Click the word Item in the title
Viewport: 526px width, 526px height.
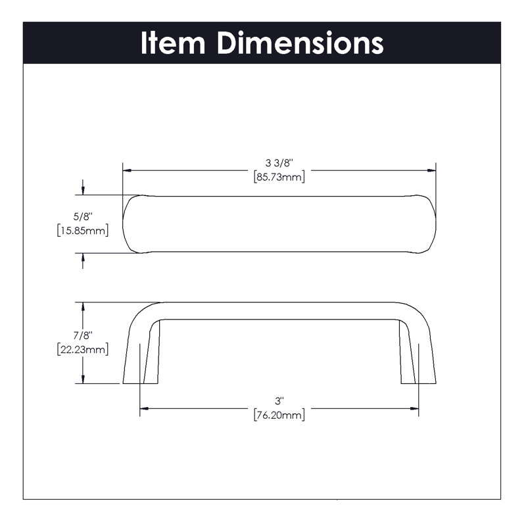coord(173,43)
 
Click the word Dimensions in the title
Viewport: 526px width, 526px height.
coord(300,43)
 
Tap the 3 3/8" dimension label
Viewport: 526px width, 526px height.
coord(279,163)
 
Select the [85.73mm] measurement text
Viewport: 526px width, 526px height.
coord(279,176)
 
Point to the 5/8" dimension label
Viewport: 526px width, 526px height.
coord(83,217)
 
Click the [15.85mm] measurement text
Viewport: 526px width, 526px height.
coord(83,231)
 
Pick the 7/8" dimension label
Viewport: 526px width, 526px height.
coord(83,335)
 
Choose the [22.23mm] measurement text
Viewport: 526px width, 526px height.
coord(83,349)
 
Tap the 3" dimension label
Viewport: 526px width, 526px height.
coord(279,401)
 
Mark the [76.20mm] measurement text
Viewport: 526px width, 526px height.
coord(279,415)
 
